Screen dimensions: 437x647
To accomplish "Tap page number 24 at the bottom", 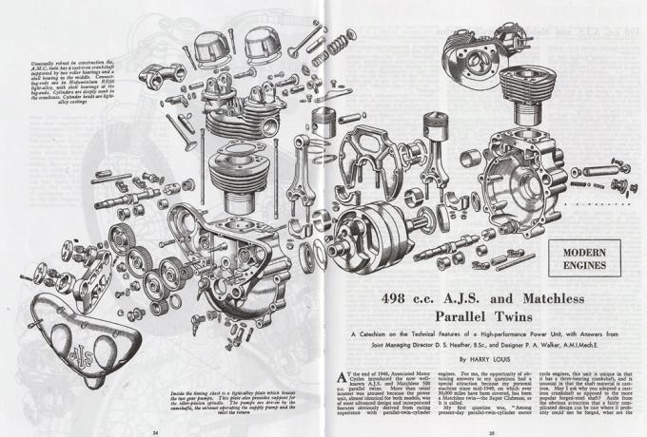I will click(x=153, y=431).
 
